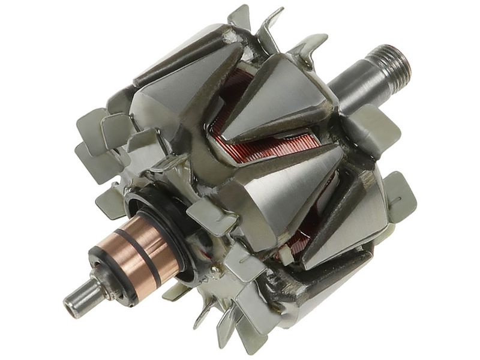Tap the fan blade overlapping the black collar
pyautogui.click(x=207, y=216)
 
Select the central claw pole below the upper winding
pyautogui.click(x=276, y=186)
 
